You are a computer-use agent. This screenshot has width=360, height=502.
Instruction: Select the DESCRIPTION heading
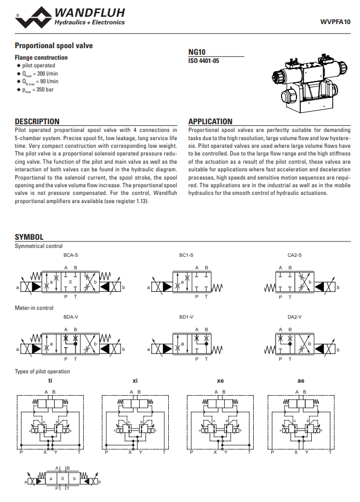[37, 122]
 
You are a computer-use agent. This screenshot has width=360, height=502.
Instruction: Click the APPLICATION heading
[210, 122]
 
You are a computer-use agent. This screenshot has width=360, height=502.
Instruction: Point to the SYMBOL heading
[29, 237]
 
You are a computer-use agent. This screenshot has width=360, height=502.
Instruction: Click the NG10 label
[197, 52]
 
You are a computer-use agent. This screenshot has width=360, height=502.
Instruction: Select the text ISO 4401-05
[204, 61]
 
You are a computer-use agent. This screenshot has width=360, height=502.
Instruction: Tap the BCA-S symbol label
[71, 255]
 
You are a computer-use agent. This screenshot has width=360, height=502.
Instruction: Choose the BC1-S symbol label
[186, 255]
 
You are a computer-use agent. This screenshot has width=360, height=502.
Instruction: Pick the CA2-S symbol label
[294, 255]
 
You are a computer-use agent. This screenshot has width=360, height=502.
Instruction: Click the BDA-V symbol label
[71, 317]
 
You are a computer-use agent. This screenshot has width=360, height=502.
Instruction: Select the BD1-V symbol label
[186, 317]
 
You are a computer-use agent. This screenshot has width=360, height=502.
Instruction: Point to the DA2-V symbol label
[294, 317]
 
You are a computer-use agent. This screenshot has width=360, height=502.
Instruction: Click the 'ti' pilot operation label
[50, 380]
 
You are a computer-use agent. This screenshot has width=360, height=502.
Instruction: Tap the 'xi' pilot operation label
[135, 380]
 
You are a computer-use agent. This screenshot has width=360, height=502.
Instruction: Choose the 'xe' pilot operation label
[220, 380]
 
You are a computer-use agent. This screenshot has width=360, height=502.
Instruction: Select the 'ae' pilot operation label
[301, 380]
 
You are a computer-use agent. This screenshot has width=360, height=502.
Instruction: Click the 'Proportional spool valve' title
[54, 45]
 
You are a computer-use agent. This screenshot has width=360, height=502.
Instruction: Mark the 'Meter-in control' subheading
[34, 308]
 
